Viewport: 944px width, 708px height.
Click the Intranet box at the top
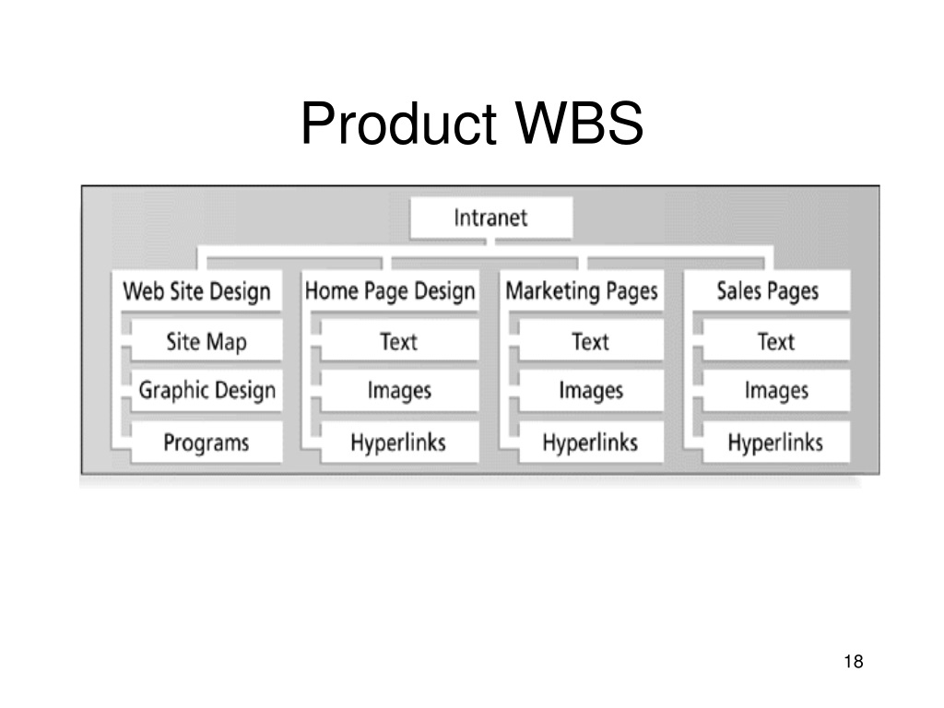point(490,218)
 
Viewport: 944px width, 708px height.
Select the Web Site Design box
point(196,290)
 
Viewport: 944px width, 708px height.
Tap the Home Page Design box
point(390,290)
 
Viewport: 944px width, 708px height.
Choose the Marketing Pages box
point(582,290)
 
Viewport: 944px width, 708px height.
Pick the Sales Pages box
point(767,290)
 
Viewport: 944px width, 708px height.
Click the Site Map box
point(206,341)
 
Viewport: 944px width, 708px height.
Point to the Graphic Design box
point(206,390)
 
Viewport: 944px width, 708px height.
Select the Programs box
point(206,442)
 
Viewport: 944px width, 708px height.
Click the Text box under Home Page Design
point(400,341)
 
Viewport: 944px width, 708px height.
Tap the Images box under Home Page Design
point(400,390)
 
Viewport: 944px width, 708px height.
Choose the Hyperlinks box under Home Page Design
point(400,442)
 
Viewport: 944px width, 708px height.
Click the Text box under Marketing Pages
point(591,341)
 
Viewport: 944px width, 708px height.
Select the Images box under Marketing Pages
point(591,390)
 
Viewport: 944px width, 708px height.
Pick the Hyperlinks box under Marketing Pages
point(591,442)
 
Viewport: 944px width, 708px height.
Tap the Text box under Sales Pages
point(776,341)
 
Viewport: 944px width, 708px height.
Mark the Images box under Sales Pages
point(776,390)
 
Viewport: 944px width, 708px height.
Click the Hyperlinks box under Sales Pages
point(776,442)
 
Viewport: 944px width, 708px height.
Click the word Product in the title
point(398,123)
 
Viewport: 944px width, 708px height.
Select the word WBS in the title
point(579,123)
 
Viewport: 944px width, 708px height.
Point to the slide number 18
point(854,661)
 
